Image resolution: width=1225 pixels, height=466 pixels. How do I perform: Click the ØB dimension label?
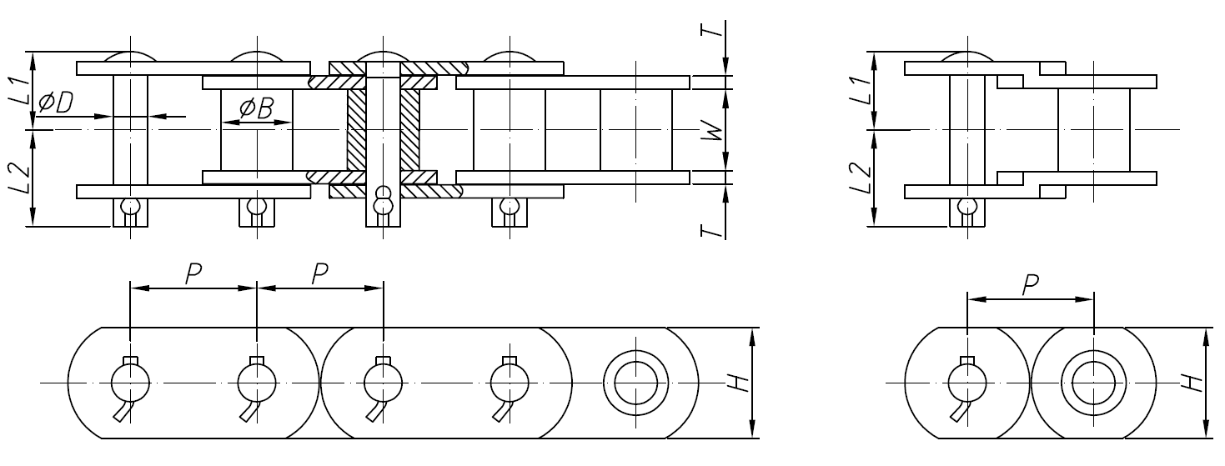click(x=256, y=108)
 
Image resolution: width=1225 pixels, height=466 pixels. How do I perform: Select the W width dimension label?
click(x=710, y=129)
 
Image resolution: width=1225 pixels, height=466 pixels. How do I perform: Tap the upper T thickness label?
click(x=710, y=28)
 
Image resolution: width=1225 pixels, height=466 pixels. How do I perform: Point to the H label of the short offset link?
click(x=1193, y=382)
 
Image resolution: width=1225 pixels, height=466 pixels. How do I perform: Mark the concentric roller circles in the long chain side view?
click(x=636, y=383)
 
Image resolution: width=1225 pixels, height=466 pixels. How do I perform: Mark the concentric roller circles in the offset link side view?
click(x=1092, y=383)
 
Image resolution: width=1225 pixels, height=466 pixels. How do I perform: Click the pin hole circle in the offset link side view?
click(x=967, y=383)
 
